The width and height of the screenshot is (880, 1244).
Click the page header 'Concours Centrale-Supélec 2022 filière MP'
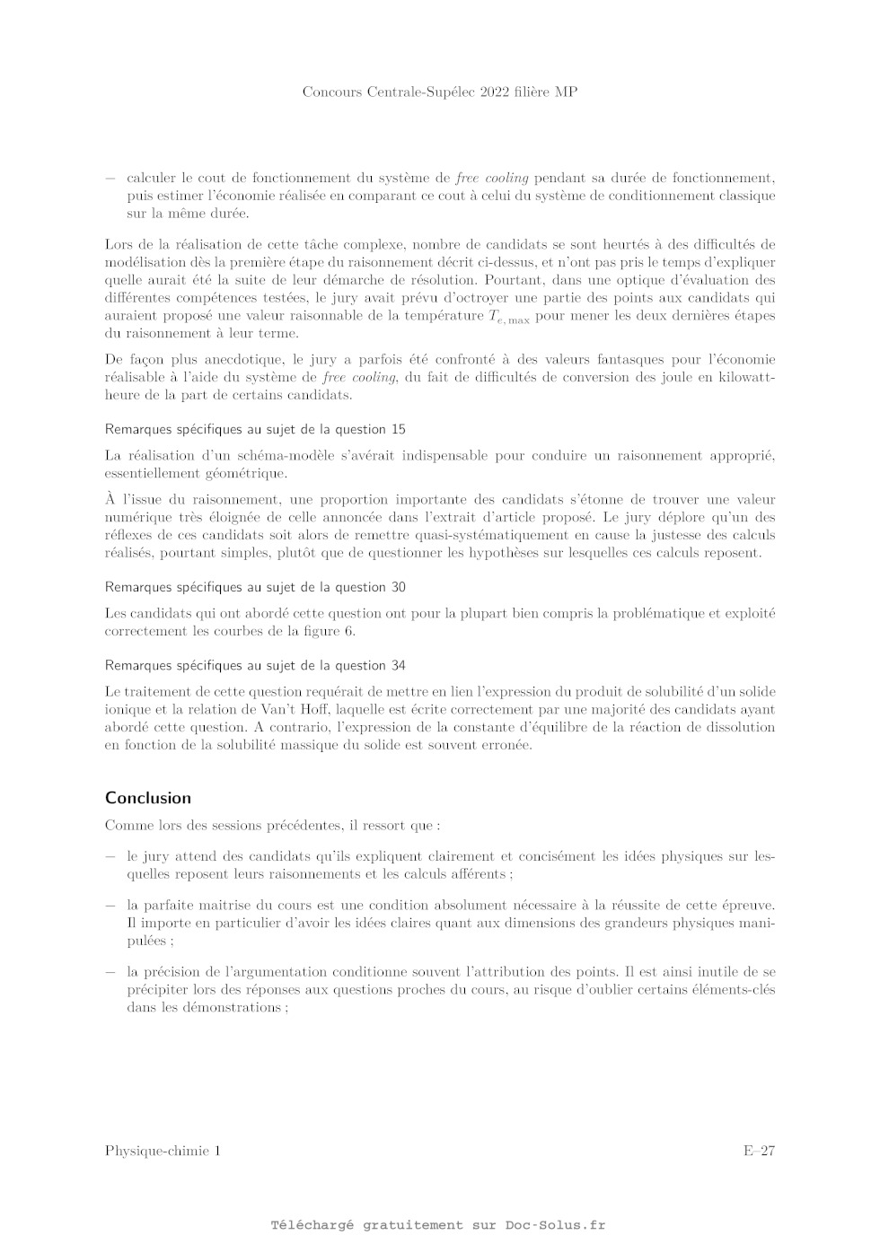(439, 92)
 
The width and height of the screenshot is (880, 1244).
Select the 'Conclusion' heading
(148, 798)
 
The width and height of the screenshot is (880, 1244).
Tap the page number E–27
(758, 1152)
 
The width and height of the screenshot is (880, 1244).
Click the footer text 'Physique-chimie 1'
(162, 1152)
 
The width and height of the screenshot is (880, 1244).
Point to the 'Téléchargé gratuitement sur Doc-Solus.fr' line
(438, 1225)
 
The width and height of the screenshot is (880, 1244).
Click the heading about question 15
(255, 429)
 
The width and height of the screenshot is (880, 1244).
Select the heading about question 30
(255, 587)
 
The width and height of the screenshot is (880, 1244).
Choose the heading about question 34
(255, 665)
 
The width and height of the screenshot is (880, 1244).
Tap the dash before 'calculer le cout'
(110, 178)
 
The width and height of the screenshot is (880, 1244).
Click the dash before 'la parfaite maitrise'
(110, 906)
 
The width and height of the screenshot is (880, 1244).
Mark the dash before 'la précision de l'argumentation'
(110, 972)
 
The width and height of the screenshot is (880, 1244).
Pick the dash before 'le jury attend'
(110, 856)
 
